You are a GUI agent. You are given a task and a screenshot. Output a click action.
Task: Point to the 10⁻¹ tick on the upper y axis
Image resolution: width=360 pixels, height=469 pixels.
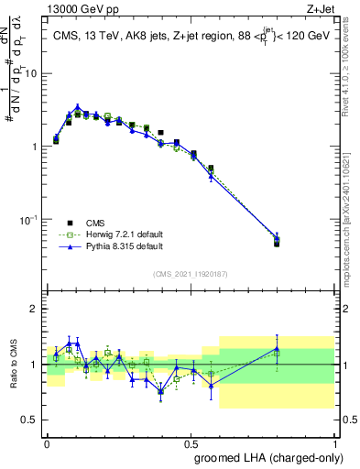[x=31, y=220]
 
